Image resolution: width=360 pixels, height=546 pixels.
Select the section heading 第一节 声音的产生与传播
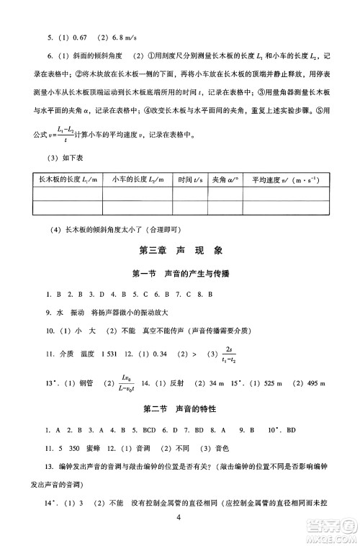[180, 274]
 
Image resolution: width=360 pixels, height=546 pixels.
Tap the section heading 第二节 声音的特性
[180, 409]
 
